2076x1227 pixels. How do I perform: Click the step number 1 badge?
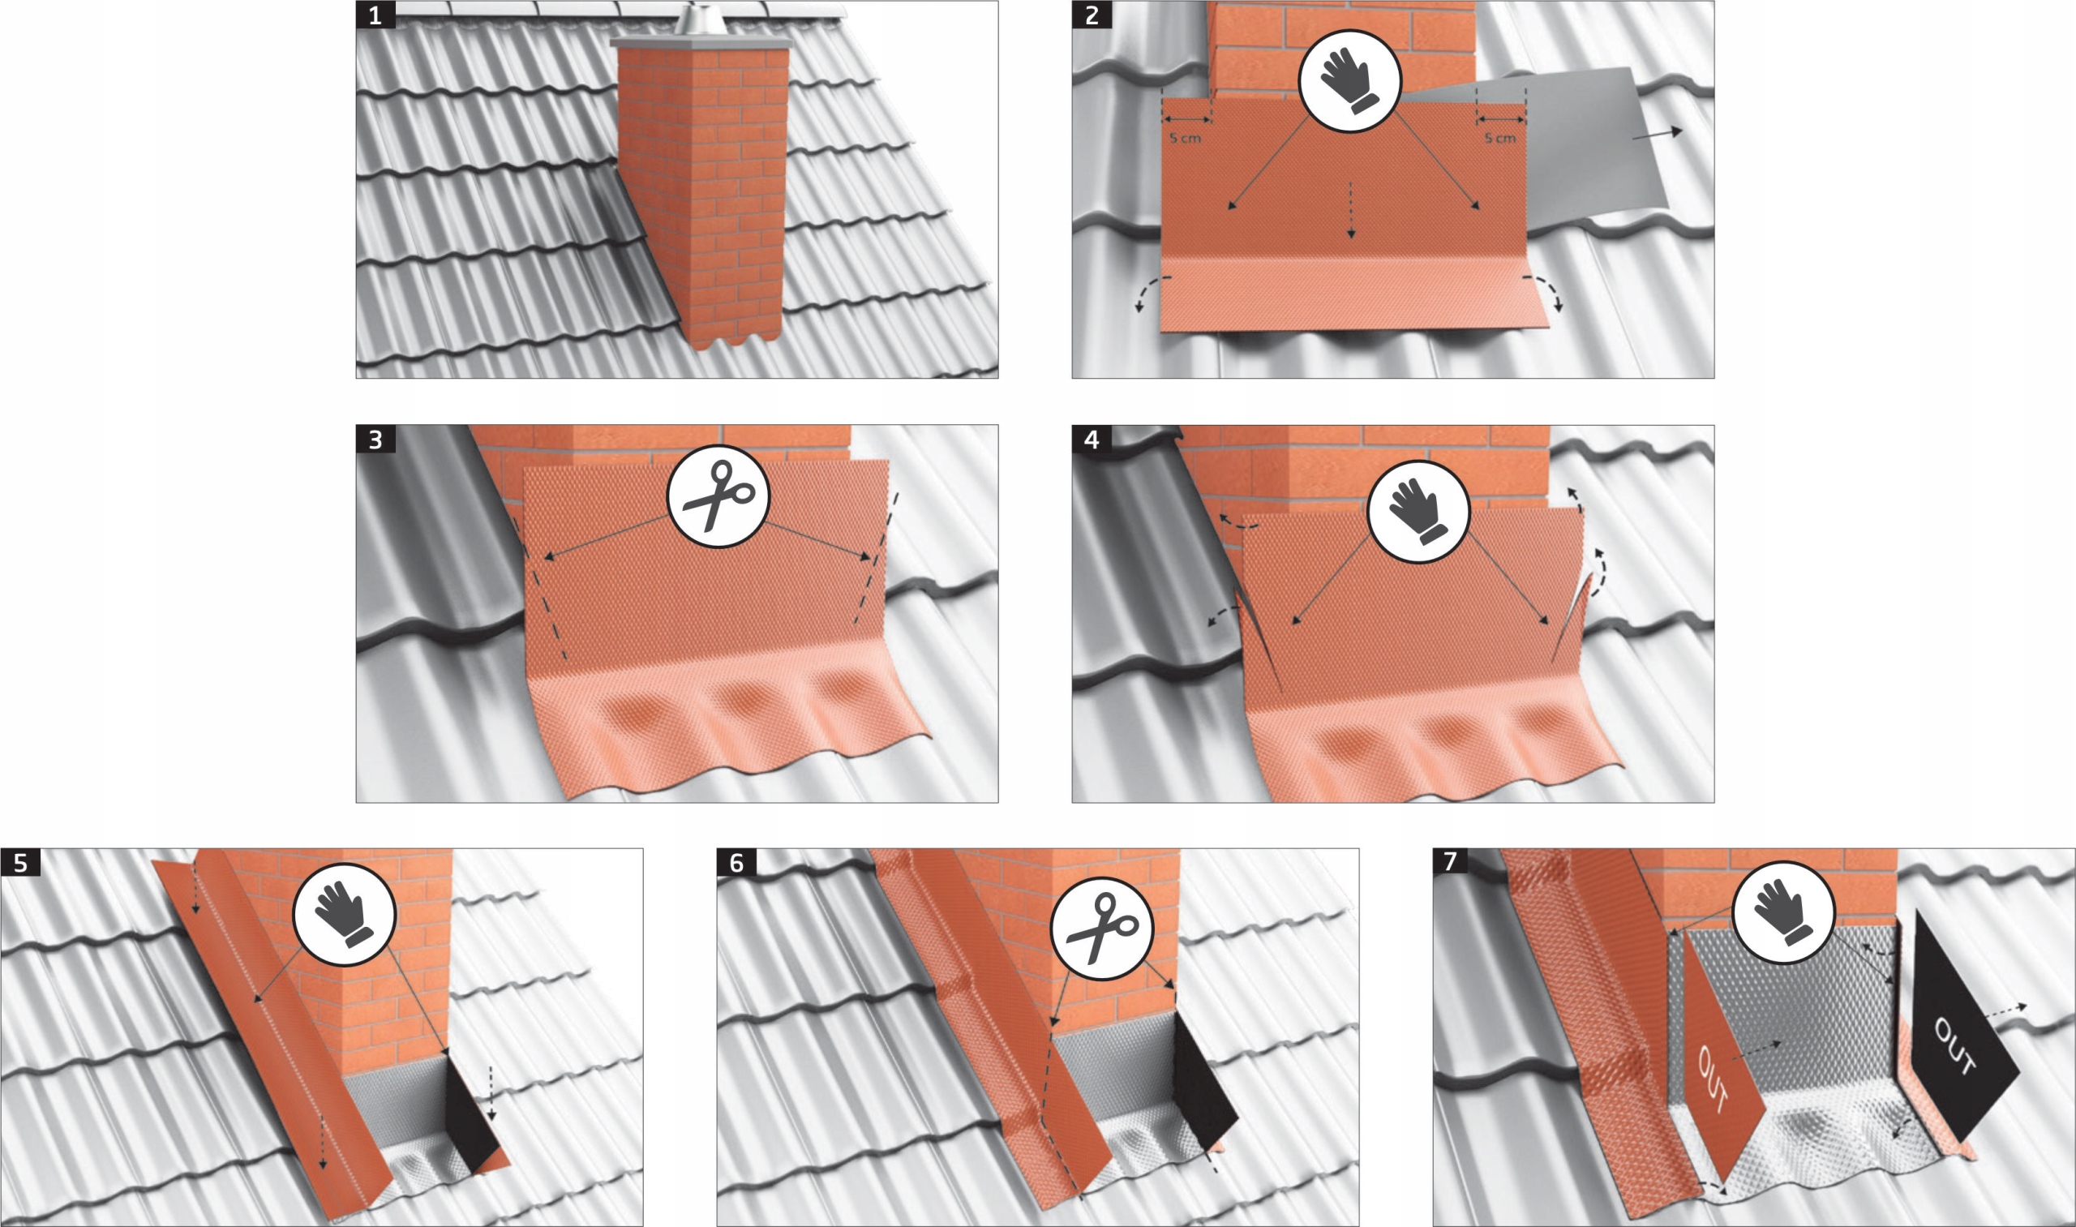[375, 15]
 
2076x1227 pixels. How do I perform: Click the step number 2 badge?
[1092, 15]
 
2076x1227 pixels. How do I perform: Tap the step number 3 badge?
[375, 439]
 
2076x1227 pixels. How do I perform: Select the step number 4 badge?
[1092, 439]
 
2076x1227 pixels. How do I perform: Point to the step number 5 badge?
[19, 863]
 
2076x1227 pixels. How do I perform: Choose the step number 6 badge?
[736, 863]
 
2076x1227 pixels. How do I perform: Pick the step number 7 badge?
[1452, 863]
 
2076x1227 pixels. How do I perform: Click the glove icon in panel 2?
[1350, 80]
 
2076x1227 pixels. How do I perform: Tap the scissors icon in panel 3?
[718, 496]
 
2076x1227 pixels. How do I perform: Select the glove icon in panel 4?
[1418, 512]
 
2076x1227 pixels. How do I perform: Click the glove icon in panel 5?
[345, 914]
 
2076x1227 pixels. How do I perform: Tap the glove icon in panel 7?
[1783, 912]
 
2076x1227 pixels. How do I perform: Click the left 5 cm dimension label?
[1186, 138]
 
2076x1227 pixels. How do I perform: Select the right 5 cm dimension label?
[1500, 138]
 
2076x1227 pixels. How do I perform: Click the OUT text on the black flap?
[1955, 1047]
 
